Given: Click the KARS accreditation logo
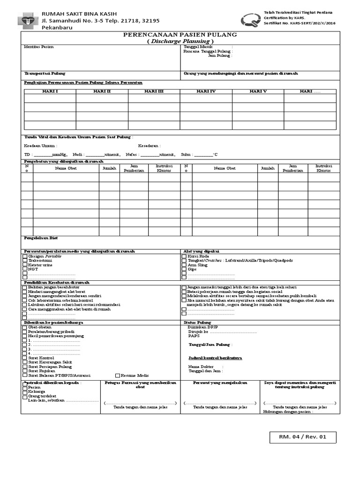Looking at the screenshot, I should coord(249,20).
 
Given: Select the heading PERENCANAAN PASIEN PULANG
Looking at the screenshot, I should coord(180,35).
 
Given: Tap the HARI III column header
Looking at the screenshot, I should coord(154,91).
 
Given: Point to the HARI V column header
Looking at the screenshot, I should coord(258,91).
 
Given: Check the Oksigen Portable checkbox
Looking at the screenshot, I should coord(25,256).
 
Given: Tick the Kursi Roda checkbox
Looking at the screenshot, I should coord(184,256).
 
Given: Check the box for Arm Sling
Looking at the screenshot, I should coord(184,265).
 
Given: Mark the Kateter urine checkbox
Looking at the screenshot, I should coord(25,265).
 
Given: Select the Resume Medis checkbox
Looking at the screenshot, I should coord(118,375).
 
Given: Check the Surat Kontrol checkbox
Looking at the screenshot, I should coord(25,358).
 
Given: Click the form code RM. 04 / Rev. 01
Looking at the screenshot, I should coord(302,437).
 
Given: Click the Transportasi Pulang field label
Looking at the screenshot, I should coord(45,74).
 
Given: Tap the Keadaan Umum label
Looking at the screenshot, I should coord(40,146).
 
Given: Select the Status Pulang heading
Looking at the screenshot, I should coord(197,322).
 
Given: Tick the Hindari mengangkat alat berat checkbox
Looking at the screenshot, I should coord(25,292).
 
